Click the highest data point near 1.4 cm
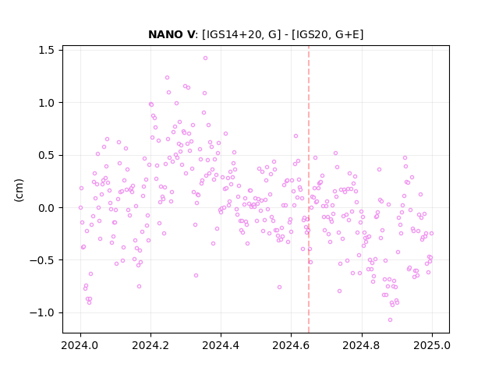(x=205, y=58)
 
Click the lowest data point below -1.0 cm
(x=390, y=319)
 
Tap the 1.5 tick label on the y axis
(x=46, y=50)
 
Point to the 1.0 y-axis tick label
(x=46, y=103)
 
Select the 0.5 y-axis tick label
(x=46, y=155)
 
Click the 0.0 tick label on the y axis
(x=46, y=208)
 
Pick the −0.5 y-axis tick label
(x=42, y=260)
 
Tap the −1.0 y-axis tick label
(x=42, y=313)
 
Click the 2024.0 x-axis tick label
(x=80, y=345)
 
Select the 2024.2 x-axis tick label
(x=150, y=345)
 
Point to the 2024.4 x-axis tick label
(x=221, y=345)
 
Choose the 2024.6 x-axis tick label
(x=291, y=345)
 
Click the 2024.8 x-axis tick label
(x=362, y=345)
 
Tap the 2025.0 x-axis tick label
(x=432, y=345)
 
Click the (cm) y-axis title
(x=19, y=190)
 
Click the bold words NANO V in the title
(x=172, y=34)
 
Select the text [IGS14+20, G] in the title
(x=239, y=34)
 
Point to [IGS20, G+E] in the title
(x=327, y=34)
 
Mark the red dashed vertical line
(x=309, y=189)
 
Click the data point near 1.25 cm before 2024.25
(x=167, y=78)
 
